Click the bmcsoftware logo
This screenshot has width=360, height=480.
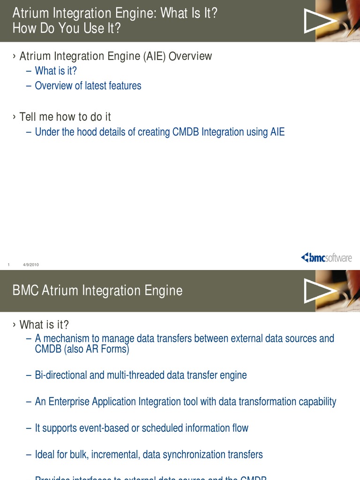[326, 257]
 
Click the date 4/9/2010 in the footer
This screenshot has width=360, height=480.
[31, 265]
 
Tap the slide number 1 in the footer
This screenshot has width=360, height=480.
[9, 265]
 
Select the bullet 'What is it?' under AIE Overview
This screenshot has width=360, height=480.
[56, 71]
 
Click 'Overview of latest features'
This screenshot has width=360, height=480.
[88, 86]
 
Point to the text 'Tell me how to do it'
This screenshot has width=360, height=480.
[65, 117]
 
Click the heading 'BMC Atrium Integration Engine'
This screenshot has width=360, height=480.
[97, 291]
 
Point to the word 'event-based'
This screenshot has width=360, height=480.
[104, 428]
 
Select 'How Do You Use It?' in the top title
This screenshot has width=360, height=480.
[66, 29]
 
